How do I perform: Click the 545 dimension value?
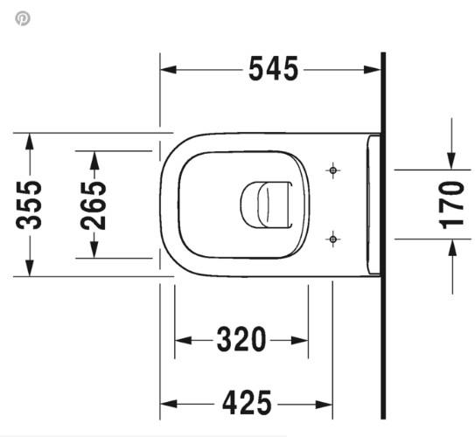click(273, 68)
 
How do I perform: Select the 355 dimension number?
click(31, 204)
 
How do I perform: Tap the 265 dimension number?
click(94, 204)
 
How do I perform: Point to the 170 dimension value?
click(451, 204)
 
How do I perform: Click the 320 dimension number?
click(242, 339)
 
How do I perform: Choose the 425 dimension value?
click(247, 404)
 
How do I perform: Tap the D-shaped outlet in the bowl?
click(264, 203)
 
